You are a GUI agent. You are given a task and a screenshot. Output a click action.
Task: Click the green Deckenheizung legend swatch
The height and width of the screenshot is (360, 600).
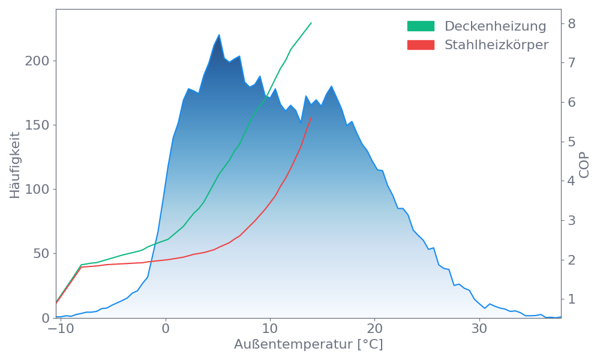pos(421,26)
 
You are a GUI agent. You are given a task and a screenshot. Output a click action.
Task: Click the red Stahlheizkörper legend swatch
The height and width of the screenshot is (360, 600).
pos(421,45)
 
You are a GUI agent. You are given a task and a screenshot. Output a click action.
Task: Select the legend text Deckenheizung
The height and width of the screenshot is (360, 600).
pos(495,26)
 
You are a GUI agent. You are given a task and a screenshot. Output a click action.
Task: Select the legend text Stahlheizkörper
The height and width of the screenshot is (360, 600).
pos(496,45)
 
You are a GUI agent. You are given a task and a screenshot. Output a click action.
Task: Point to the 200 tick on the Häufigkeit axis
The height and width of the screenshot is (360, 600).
pos(38,61)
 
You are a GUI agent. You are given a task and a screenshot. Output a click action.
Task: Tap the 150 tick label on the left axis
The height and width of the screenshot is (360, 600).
pos(38,125)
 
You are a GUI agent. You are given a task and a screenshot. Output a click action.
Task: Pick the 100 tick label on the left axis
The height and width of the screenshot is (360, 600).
pos(38,190)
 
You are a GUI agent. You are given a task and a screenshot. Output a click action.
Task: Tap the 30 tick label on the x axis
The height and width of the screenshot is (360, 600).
pos(479,329)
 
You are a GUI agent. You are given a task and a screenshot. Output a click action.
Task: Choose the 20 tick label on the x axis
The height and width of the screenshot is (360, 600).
pos(374,329)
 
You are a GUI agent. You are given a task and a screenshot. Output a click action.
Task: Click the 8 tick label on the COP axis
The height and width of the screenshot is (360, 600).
pos(572,23)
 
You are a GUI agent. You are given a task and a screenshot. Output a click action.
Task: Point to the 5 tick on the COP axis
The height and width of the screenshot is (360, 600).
pos(572,142)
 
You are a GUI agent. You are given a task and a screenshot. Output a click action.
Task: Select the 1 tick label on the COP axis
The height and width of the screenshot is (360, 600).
pos(572,299)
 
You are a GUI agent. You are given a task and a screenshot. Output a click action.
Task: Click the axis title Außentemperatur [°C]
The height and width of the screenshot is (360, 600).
pos(308,345)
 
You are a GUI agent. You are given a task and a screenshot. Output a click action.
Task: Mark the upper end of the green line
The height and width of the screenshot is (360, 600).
pos(311,23)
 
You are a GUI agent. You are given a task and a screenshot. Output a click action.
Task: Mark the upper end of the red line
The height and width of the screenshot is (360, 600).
pos(311,118)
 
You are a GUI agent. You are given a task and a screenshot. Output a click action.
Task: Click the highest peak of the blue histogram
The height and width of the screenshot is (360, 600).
pos(219,34)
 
